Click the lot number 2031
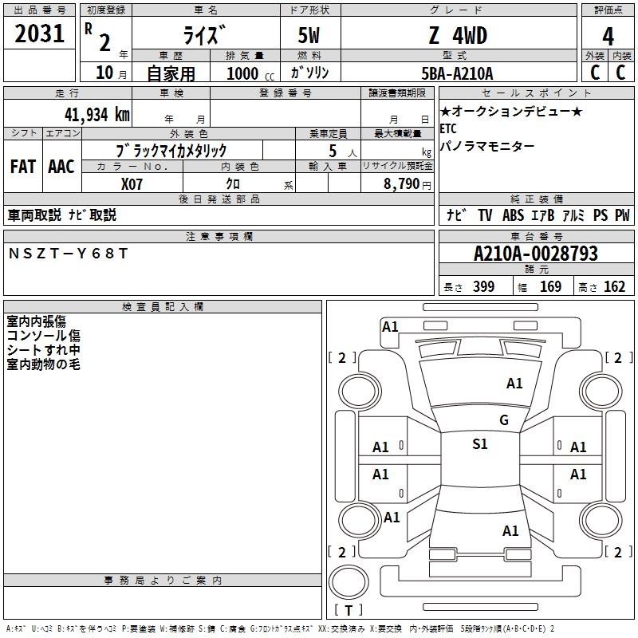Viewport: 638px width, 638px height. (39, 33)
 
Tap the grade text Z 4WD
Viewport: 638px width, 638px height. (458, 35)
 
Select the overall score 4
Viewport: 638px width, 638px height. (608, 37)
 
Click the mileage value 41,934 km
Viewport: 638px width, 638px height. (97, 115)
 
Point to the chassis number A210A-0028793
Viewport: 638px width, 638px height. (536, 254)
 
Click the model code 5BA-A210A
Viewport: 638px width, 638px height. (457, 73)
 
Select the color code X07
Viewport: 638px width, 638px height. (132, 184)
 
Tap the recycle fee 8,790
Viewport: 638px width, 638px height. (401, 184)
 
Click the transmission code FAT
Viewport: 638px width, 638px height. (23, 167)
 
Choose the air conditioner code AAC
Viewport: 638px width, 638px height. (61, 167)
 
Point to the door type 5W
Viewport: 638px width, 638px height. (309, 35)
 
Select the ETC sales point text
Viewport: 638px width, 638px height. (448, 128)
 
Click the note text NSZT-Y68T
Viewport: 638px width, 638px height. (68, 254)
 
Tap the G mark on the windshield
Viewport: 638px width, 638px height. (504, 420)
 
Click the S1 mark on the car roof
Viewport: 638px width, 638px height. (480, 444)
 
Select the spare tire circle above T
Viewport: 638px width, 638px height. (349, 582)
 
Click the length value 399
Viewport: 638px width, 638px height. (484, 286)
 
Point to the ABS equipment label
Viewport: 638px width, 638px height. (513, 215)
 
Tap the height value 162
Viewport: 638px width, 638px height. (614, 286)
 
